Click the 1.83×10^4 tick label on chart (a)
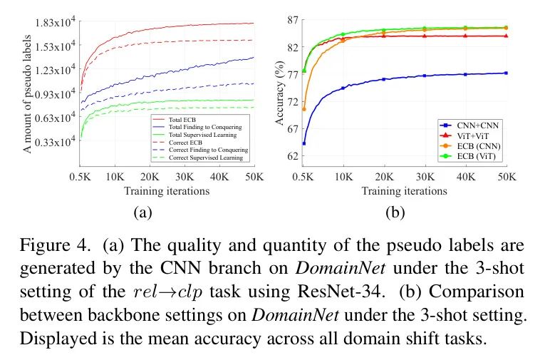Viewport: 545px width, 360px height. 55,24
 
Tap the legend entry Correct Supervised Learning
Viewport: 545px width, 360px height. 210,158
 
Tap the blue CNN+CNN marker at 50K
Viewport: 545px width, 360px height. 505,73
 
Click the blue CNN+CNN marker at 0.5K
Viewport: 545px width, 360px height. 304,143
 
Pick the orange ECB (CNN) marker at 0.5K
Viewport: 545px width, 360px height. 304,108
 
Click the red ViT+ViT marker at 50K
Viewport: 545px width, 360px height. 505,36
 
